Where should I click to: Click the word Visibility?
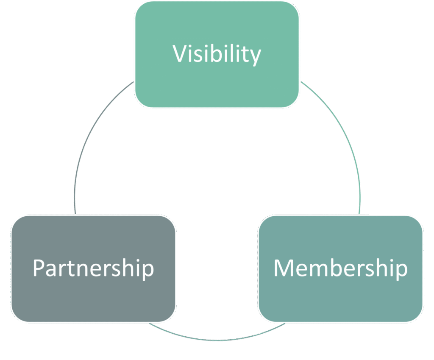tap(217, 54)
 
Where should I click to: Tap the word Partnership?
tap(93, 268)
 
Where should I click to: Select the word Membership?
tap(340, 268)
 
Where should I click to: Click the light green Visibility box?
tap(217, 85)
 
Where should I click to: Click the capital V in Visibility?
tap(180, 54)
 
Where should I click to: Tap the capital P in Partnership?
tap(39, 268)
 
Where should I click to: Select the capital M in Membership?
tap(284, 268)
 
